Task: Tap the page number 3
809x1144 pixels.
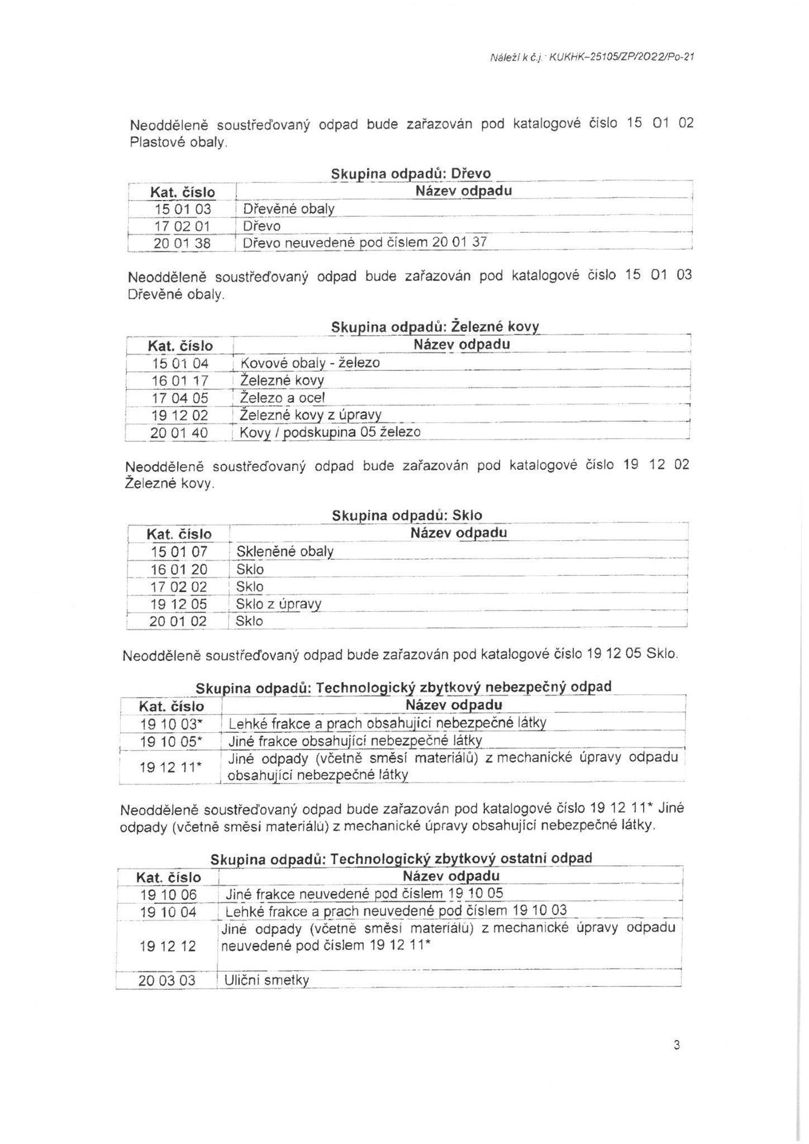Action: coord(677,1045)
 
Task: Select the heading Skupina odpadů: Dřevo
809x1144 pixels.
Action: coord(411,174)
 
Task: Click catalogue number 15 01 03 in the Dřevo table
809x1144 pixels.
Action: coord(182,209)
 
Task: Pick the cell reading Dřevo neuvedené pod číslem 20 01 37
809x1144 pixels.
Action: coord(365,242)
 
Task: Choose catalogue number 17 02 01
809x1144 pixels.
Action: coord(182,226)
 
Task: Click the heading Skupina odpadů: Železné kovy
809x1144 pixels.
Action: coord(435,327)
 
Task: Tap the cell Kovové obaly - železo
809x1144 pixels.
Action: coord(310,363)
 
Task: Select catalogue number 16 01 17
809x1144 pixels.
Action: coord(180,381)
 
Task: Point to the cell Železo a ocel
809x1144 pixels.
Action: coord(282,398)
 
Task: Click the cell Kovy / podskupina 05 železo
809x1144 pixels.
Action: coord(330,432)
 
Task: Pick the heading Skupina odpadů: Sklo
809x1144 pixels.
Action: coord(407,516)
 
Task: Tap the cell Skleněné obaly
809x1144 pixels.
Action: coord(285,552)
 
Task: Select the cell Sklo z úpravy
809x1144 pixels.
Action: coord(278,604)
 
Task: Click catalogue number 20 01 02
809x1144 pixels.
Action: coord(178,621)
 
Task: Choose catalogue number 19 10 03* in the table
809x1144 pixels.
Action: coord(170,724)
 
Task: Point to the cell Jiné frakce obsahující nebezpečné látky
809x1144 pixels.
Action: coord(355,741)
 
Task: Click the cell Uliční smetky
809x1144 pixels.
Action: coord(267,980)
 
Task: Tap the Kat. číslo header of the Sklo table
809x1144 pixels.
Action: coord(179,534)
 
